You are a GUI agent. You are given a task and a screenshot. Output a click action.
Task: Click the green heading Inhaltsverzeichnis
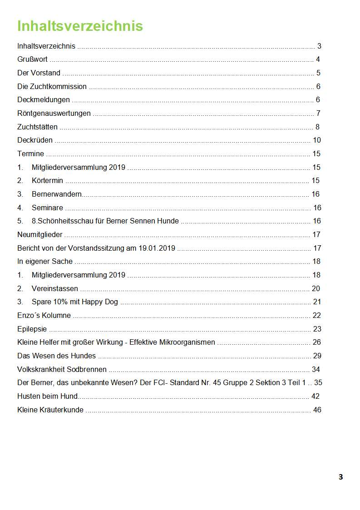click(80, 26)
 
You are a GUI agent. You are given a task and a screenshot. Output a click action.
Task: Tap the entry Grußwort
click(32, 59)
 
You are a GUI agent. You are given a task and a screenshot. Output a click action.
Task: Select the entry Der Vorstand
click(39, 73)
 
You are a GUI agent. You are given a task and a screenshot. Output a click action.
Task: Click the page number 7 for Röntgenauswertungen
click(319, 113)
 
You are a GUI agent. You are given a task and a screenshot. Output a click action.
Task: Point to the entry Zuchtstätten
click(37, 127)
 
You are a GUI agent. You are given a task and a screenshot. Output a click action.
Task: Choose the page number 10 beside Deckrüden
click(317, 140)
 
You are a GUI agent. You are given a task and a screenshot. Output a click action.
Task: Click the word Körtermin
click(47, 180)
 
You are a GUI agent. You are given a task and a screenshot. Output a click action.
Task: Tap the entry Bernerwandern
click(57, 194)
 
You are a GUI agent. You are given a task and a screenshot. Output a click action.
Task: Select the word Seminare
click(47, 208)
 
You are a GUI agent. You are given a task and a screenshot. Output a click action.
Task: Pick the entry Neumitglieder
click(40, 234)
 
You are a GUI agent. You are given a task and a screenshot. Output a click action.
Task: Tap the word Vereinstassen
click(55, 288)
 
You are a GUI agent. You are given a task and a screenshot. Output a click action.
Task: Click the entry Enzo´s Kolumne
click(44, 315)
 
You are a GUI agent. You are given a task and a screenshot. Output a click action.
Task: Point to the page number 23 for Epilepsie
click(317, 329)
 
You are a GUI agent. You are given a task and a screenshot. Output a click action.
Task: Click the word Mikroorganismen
click(184, 342)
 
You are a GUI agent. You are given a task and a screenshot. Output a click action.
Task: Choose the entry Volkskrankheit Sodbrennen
click(62, 369)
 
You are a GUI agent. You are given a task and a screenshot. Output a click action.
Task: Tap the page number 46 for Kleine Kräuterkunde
click(317, 410)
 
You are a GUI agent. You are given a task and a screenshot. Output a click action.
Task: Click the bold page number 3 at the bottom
click(340, 477)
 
